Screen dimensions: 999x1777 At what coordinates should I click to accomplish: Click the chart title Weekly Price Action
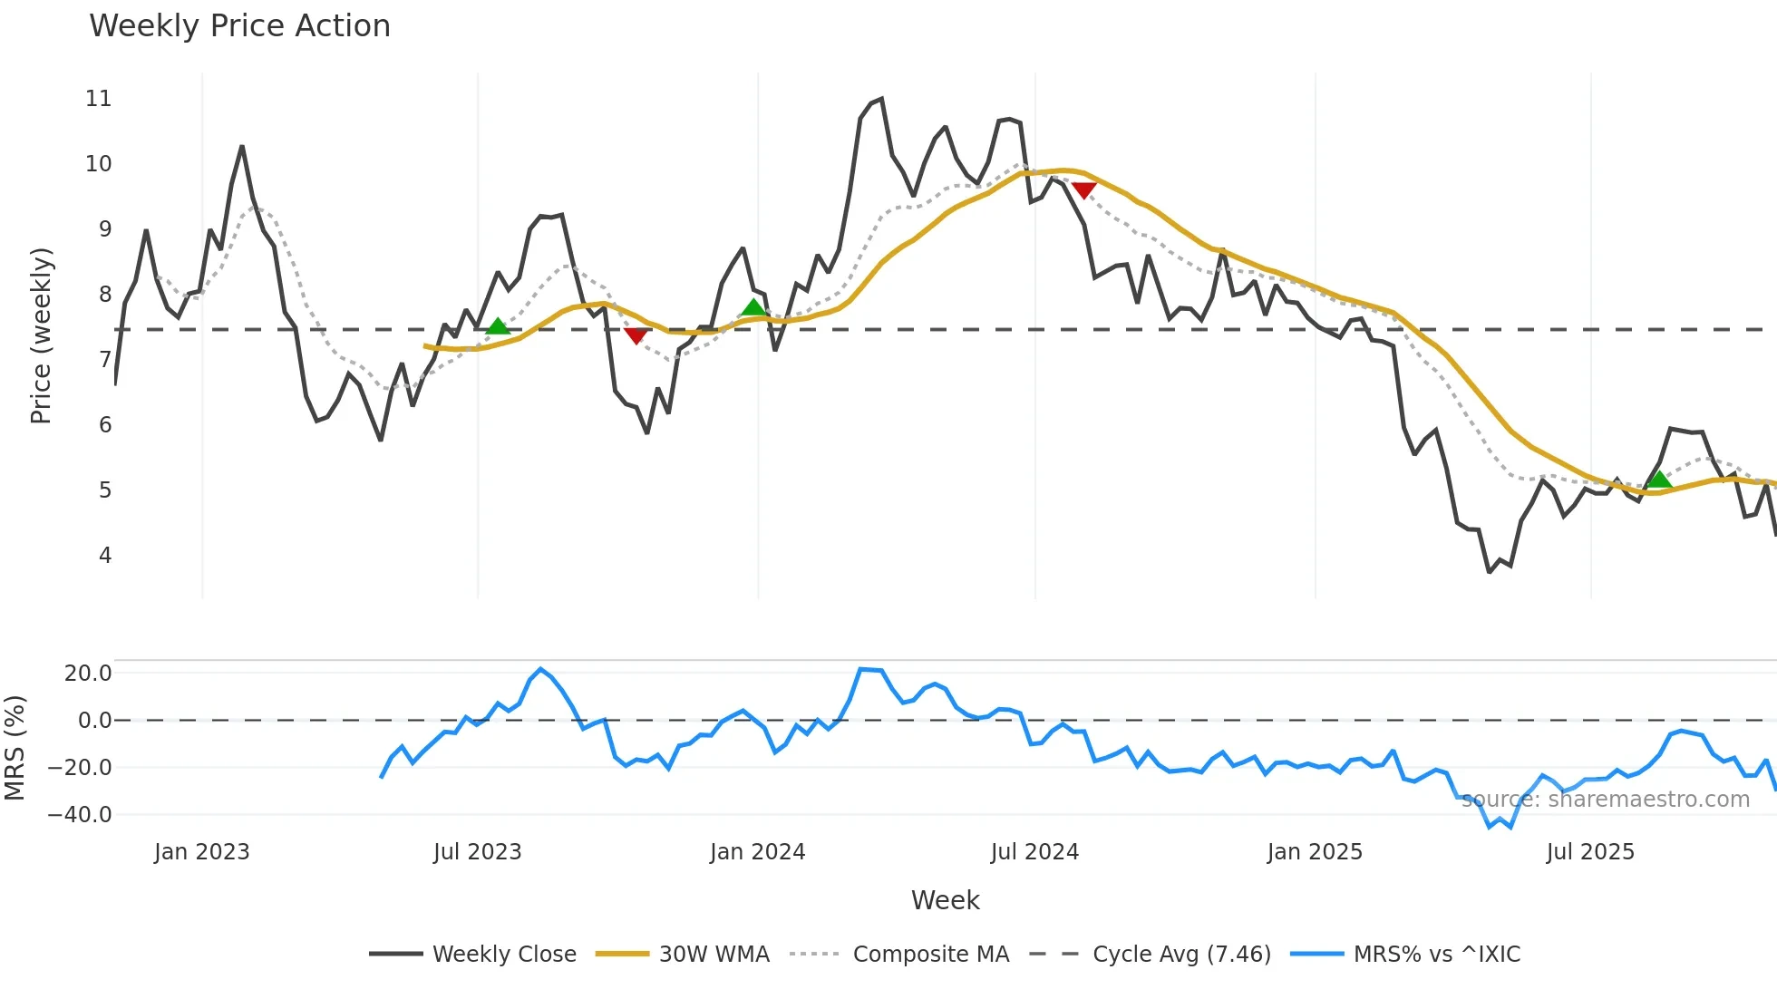tap(239, 26)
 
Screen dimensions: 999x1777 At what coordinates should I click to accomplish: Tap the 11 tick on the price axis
tap(99, 98)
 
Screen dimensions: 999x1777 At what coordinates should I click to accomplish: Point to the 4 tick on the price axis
tap(105, 555)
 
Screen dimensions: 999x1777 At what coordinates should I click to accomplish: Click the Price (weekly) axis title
tap(41, 335)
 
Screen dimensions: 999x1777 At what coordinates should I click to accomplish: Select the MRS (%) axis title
tap(15, 748)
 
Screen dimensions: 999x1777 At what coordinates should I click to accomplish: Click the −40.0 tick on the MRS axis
tap(80, 814)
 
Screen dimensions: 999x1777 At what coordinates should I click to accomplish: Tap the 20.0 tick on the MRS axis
tap(88, 673)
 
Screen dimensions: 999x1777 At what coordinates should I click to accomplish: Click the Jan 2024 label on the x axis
tap(757, 852)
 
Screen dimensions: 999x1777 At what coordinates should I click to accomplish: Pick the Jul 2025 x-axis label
tap(1590, 852)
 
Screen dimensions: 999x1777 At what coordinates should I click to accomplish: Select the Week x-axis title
tap(945, 900)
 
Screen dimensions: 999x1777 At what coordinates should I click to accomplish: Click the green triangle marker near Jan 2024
tap(753, 308)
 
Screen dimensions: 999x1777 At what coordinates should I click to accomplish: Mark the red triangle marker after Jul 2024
tap(1084, 190)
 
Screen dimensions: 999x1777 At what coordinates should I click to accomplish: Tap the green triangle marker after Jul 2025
tap(1658, 480)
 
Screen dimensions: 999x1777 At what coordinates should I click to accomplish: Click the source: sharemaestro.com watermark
tap(1605, 800)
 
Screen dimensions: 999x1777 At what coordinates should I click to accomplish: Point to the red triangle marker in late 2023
tap(636, 336)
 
